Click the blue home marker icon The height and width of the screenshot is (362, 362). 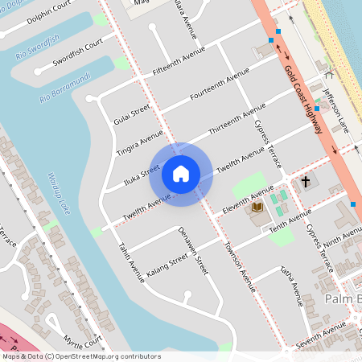pos(181,174)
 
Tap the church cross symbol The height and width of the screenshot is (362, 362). pos(306,182)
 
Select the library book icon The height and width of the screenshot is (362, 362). pos(257,208)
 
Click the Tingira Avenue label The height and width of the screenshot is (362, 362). pos(139,143)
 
